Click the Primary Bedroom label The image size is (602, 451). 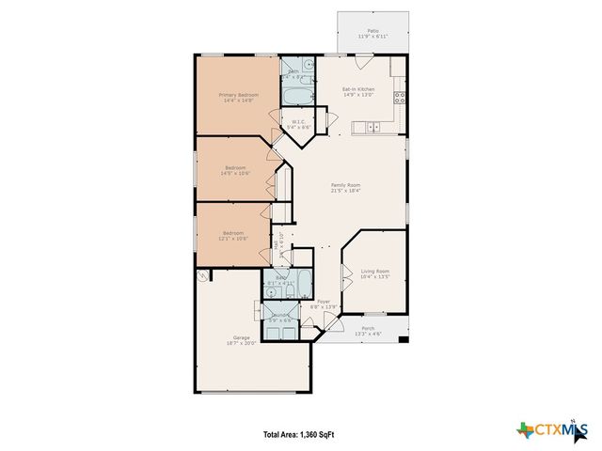click(x=238, y=95)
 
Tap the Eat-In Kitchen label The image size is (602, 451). click(x=357, y=89)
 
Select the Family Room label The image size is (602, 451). click(x=345, y=185)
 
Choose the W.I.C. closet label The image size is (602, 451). click(x=298, y=121)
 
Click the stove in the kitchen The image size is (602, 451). click(x=400, y=97)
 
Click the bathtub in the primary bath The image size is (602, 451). click(x=293, y=97)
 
